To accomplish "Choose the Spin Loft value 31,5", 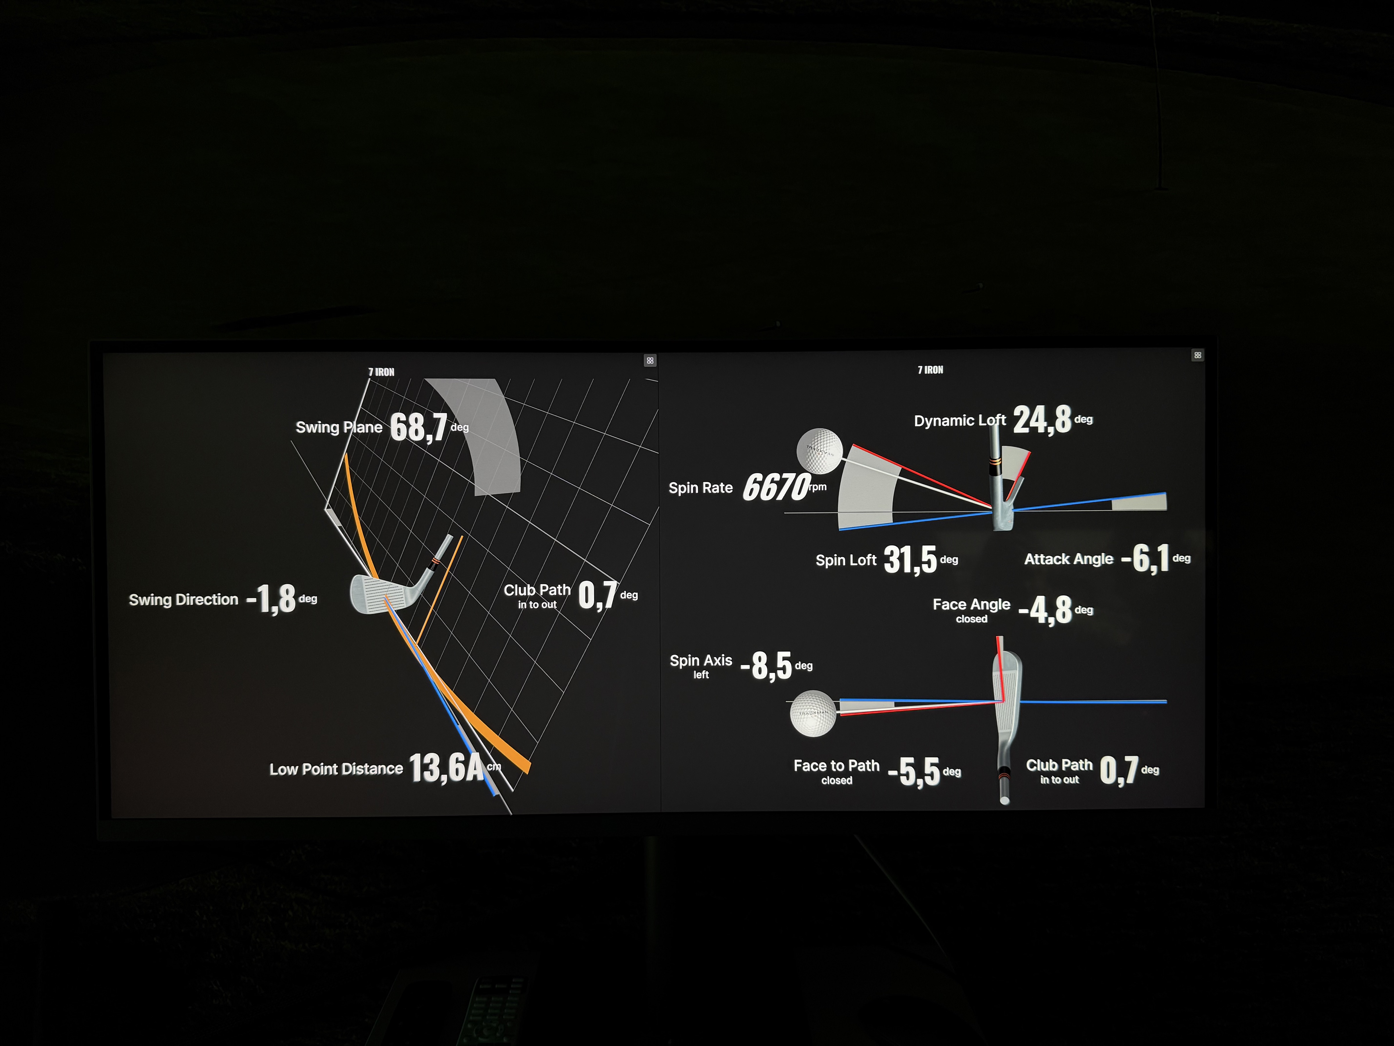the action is tap(910, 559).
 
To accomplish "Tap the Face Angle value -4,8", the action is tap(1045, 610).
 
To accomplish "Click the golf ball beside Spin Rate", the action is tap(819, 450).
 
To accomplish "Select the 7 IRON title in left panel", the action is tap(381, 372).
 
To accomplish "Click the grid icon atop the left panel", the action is tap(650, 361).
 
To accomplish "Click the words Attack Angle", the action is tap(1069, 559).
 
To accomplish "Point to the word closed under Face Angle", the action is tap(972, 619).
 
